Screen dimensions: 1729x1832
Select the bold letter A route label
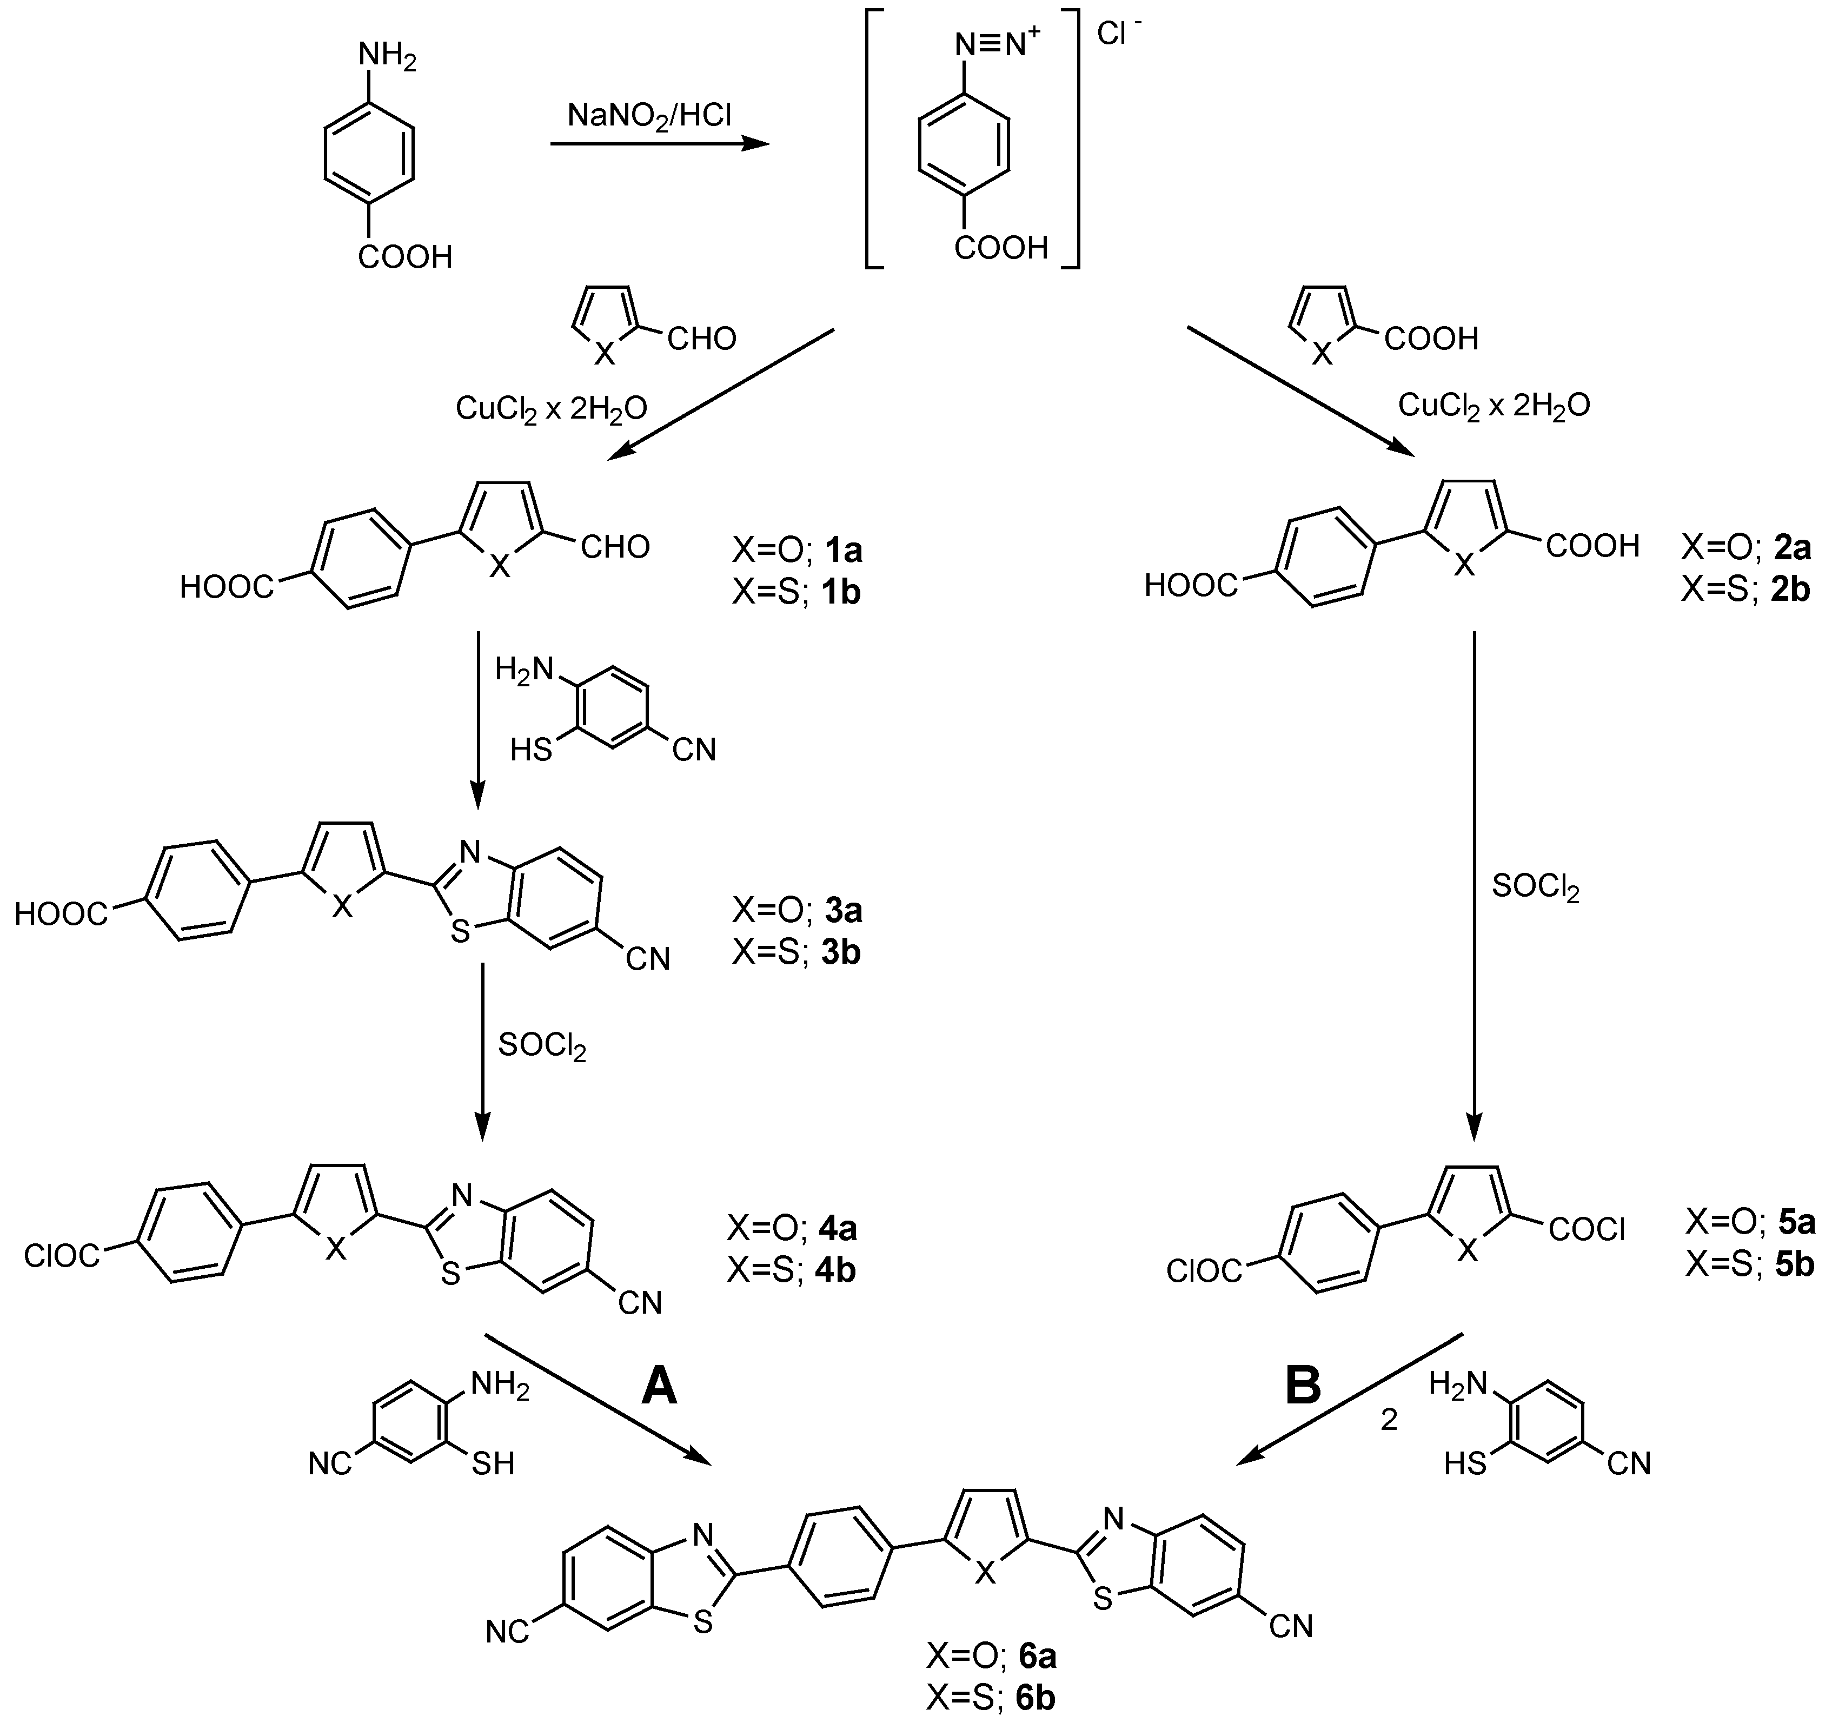click(x=659, y=1384)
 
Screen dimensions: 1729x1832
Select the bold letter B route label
click(x=1302, y=1384)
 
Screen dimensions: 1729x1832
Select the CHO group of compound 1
click(x=615, y=547)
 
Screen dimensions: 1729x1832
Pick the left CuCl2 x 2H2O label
click(x=551, y=408)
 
